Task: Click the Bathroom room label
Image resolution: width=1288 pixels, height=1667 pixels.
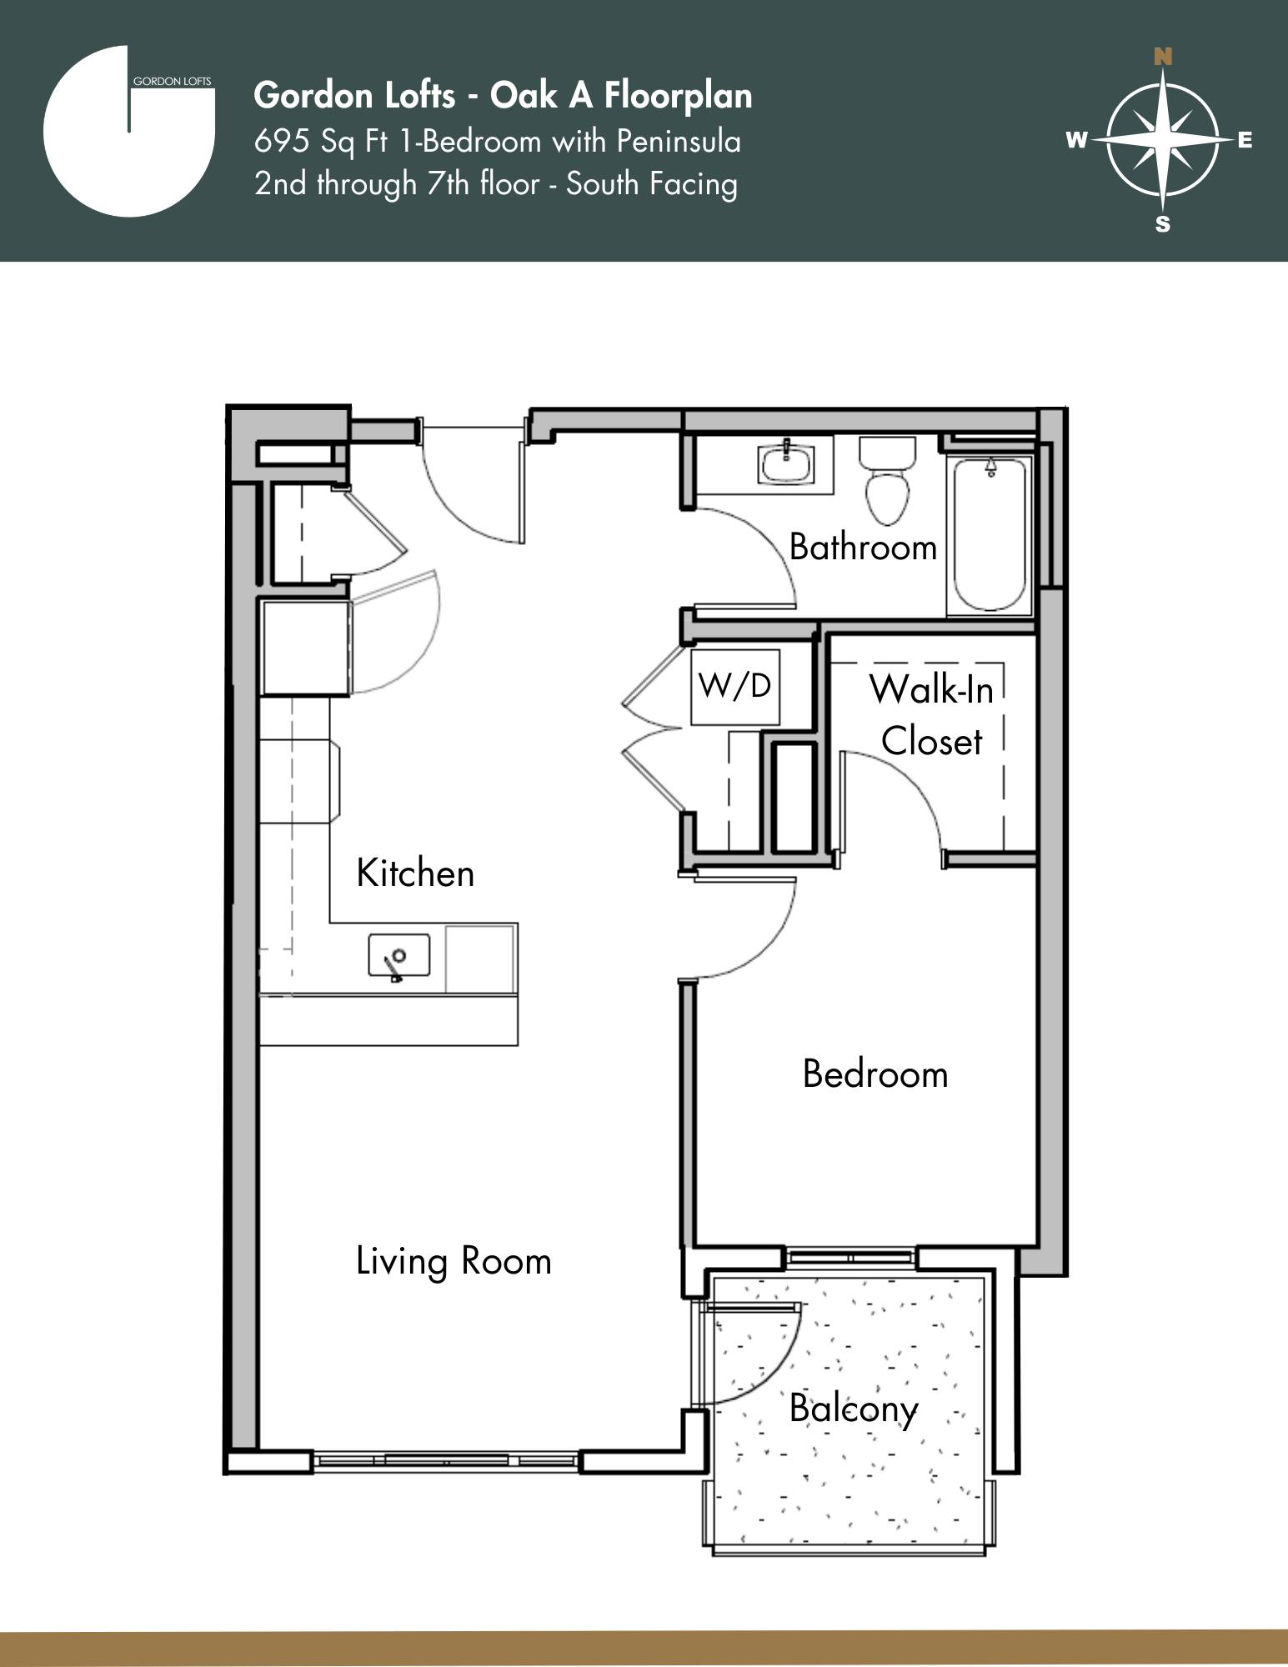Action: (863, 548)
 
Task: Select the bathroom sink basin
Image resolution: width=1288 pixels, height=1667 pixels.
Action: (786, 464)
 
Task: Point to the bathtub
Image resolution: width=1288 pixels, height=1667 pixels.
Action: (990, 533)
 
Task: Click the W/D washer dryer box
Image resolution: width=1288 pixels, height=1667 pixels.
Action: (734, 687)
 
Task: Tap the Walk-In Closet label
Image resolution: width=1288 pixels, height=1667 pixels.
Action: (931, 715)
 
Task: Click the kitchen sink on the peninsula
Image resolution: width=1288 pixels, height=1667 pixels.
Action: (399, 955)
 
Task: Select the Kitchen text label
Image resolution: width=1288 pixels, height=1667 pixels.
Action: (415, 874)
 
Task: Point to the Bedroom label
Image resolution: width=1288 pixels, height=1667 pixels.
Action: (875, 1074)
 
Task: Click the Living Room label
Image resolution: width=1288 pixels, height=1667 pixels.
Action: (454, 1261)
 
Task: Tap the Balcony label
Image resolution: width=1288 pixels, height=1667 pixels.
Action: (854, 1409)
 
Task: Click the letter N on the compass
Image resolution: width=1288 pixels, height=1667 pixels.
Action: (1163, 57)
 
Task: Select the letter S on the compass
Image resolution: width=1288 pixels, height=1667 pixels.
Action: (1163, 224)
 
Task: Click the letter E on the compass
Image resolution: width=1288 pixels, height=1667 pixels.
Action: (1245, 140)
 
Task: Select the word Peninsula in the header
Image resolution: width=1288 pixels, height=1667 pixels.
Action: (679, 141)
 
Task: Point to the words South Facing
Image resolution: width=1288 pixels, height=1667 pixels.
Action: (652, 184)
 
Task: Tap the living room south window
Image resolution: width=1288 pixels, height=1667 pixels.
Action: (446, 1460)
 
